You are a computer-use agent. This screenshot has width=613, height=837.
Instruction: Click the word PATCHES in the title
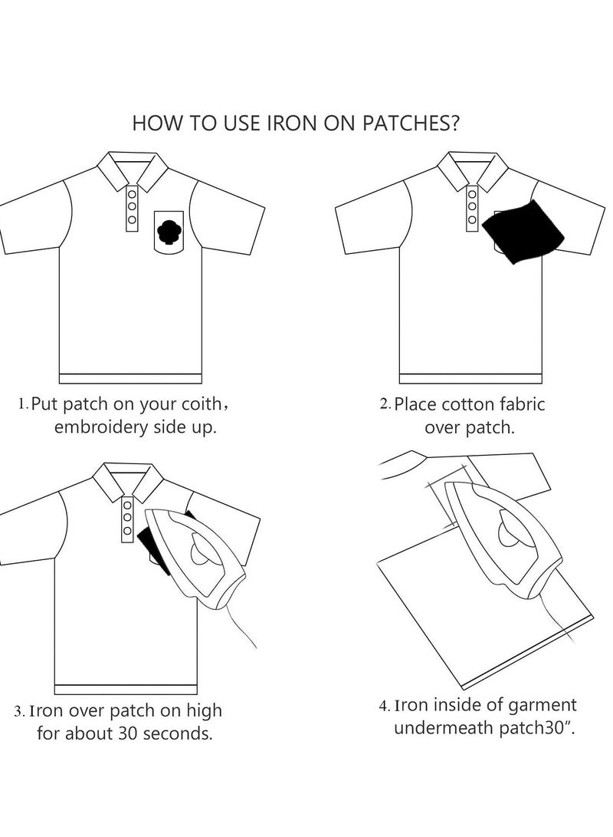[x=409, y=124]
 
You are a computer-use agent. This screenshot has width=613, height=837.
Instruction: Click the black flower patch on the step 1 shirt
[x=168, y=232]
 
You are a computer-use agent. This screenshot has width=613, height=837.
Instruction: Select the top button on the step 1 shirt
[x=132, y=193]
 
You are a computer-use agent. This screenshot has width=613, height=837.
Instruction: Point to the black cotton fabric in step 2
[x=524, y=230]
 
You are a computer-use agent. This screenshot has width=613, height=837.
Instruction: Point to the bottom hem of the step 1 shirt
[x=130, y=378]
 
